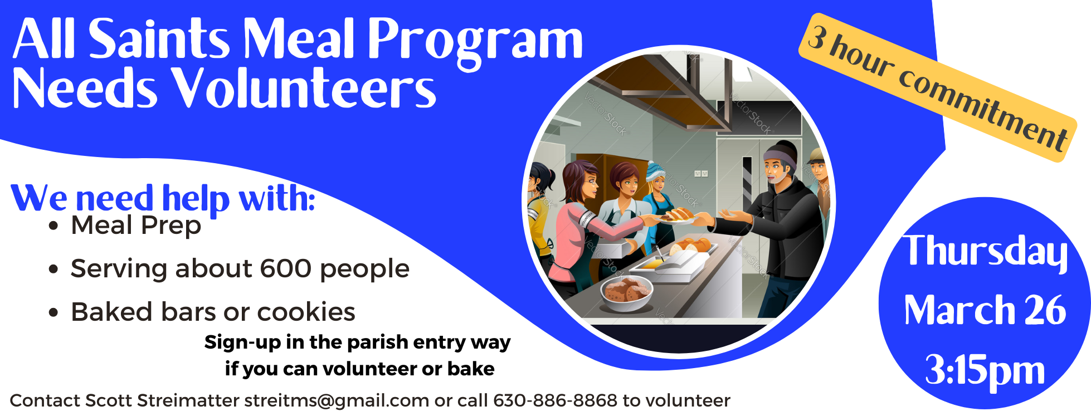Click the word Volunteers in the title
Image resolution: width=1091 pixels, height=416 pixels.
pos(304,89)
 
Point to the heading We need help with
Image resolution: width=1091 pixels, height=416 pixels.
pos(163,198)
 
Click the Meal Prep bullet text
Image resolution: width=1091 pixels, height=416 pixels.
pos(136,226)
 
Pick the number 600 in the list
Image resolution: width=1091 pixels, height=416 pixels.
pos(285,269)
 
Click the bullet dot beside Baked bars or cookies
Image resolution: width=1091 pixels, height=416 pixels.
pos(53,312)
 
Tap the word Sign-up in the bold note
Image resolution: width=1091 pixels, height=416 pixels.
pos(242,342)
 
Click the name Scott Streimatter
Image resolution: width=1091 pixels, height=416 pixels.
pos(162,400)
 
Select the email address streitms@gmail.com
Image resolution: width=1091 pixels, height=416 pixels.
pos(337,400)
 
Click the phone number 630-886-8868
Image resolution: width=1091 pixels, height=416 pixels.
pos(555,400)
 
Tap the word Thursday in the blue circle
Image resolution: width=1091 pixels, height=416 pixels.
pos(985,252)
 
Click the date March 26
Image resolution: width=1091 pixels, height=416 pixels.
pos(985,311)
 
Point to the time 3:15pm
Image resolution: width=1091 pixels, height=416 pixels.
pos(985,370)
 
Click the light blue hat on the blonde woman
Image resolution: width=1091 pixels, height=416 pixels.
pos(655,169)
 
